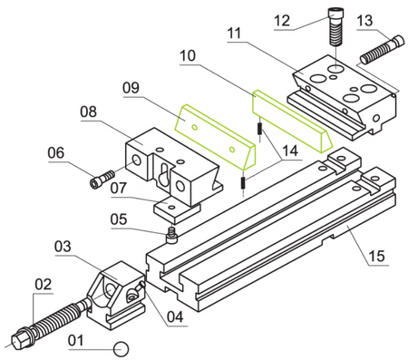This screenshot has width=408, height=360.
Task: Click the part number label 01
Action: pos(75,340)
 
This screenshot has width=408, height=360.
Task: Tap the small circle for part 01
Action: pos(121,349)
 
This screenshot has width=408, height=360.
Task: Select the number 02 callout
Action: pos(44,285)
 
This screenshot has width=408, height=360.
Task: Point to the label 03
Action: pos(63,247)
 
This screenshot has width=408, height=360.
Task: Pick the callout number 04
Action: pos(175,317)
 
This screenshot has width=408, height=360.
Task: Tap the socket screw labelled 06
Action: pos(102,179)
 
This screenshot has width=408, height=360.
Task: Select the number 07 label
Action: pos(118,189)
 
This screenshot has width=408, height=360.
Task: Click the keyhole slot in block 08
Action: pos(164,174)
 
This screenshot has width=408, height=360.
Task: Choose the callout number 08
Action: pos(88,112)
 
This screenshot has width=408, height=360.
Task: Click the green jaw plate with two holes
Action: pos(215,138)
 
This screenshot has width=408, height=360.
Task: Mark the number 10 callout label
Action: pos(188,55)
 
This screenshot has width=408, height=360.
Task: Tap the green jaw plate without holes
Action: pos(293,121)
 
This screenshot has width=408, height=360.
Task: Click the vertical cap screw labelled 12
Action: pos(335,27)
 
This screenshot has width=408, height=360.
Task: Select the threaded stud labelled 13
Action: pos(382,50)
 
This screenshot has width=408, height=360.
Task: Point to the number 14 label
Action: pos(290,151)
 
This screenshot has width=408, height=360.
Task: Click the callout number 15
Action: pos(377,257)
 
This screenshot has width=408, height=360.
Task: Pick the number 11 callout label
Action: pos(234,34)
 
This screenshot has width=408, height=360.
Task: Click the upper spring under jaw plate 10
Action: pos(259,129)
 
